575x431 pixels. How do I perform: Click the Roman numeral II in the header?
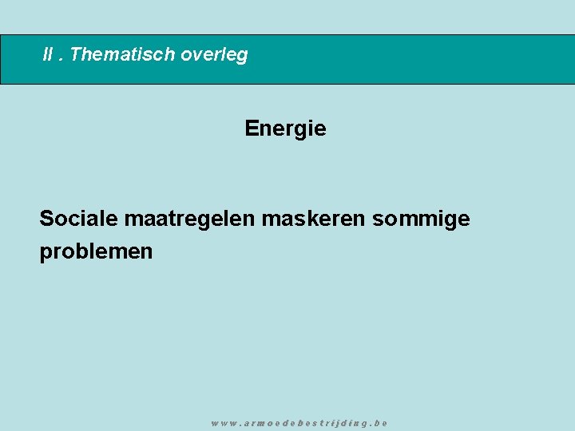point(50,55)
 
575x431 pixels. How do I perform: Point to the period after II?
point(62,59)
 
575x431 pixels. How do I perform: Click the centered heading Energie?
point(285,129)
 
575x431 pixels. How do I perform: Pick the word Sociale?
point(78,218)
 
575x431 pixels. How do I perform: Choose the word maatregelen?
point(189,218)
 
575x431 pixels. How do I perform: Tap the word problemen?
point(96,252)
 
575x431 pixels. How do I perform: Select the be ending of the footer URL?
point(381,423)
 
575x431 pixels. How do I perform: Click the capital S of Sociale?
point(46,218)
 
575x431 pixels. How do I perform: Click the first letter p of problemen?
point(46,254)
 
